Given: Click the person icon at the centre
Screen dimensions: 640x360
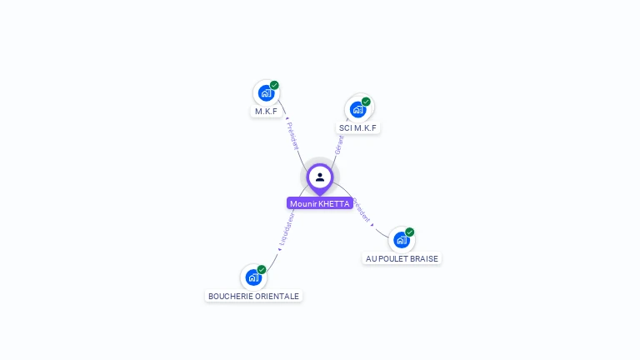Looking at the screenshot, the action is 319,177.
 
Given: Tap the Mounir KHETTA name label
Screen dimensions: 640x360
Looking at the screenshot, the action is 319,203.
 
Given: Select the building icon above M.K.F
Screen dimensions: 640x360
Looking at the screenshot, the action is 266,92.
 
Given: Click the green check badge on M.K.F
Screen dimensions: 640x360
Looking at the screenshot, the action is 274,85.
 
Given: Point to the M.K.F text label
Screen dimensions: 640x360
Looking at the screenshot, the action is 266,111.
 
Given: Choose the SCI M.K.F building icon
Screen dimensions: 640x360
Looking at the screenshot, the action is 357,109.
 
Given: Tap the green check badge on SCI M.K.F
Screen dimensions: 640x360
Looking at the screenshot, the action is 366,102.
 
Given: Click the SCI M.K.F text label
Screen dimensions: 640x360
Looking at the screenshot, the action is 357,128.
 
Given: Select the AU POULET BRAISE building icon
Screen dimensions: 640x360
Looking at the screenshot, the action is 402,240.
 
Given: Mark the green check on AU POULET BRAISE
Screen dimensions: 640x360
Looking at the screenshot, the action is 410,232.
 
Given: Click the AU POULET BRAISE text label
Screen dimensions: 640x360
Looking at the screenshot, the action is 402,258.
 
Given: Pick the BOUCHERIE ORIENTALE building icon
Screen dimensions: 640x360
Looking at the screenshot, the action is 253,277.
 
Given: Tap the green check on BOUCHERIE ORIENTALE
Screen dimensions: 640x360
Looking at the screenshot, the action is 262,270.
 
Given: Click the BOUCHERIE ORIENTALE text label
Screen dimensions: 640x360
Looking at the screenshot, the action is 253,296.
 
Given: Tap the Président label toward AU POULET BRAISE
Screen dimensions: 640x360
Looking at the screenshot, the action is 362,212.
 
